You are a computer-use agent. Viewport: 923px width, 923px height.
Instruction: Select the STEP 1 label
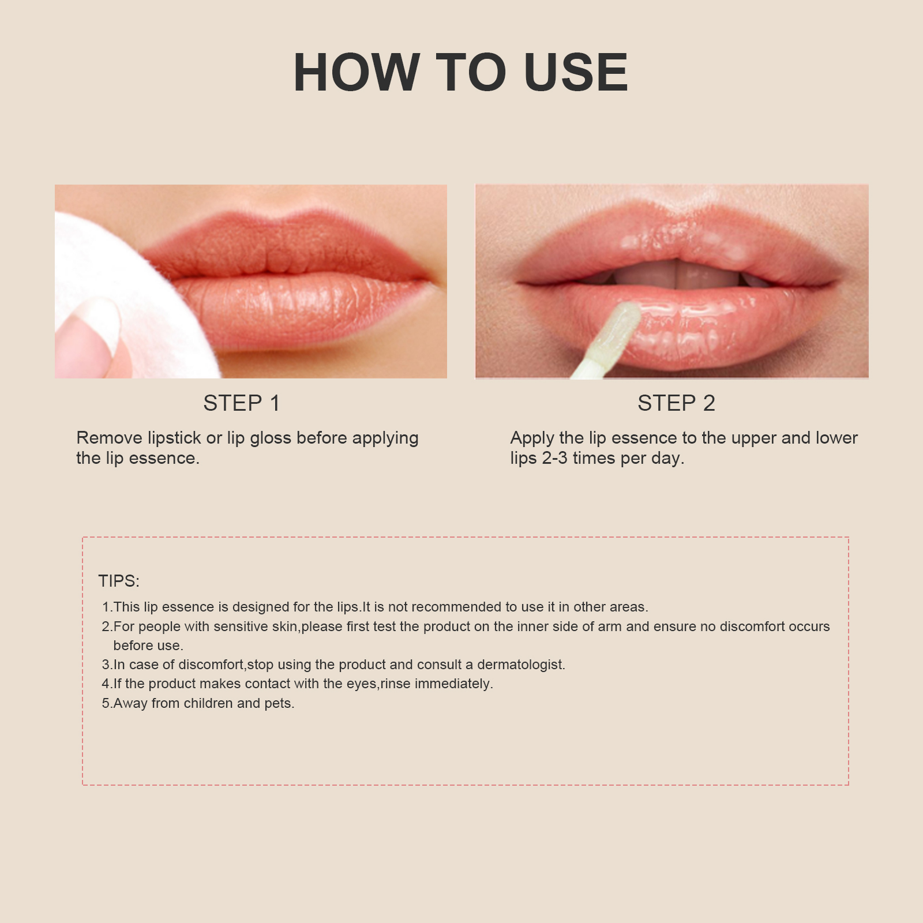[242, 403]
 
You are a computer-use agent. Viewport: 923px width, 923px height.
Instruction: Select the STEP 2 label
[676, 403]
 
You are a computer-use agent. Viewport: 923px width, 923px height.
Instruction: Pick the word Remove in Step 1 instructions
[109, 438]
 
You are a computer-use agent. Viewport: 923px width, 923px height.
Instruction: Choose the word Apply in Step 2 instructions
[531, 438]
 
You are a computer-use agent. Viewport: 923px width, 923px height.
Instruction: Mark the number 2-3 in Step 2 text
[554, 458]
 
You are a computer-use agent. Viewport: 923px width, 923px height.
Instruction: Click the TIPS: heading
[119, 581]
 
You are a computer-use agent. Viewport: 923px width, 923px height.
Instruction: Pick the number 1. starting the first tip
[107, 607]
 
